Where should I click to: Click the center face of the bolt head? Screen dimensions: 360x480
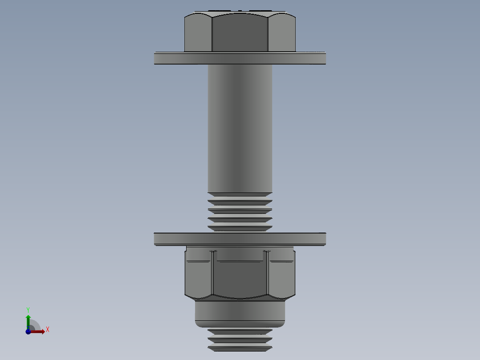(x=240, y=33)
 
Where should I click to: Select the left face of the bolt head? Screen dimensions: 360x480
(x=198, y=33)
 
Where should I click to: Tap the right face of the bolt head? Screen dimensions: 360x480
(x=282, y=33)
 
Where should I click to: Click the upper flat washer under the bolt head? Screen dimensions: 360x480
(x=240, y=58)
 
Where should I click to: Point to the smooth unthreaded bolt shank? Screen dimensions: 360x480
(x=240, y=129)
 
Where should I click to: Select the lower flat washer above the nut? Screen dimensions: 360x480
(x=240, y=239)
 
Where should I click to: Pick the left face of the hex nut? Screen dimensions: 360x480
(x=199, y=278)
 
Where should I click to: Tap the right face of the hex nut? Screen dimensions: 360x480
(x=282, y=278)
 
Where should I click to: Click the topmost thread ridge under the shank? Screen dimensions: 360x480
(x=240, y=195)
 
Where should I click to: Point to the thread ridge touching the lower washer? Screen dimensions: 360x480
(x=240, y=229)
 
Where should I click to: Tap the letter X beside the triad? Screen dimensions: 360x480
(x=47, y=330)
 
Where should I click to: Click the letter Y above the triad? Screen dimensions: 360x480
(x=28, y=309)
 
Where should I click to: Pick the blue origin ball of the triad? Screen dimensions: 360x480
(x=28, y=331)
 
